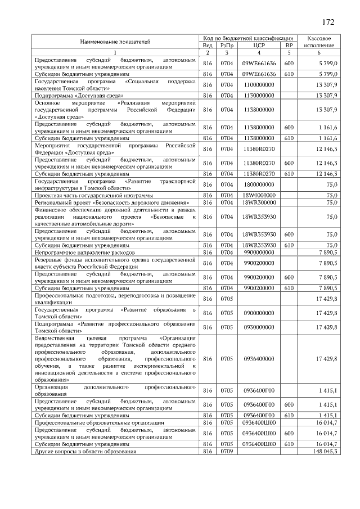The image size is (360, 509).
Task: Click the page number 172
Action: point(328,22)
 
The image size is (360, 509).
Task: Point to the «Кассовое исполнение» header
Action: point(319,41)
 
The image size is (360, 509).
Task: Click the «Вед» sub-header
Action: point(207,45)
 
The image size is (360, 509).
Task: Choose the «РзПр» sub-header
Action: point(227,45)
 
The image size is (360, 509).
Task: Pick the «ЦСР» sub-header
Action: point(259,45)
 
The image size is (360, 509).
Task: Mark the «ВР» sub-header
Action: point(289,45)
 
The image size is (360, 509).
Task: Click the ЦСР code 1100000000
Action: point(259,84)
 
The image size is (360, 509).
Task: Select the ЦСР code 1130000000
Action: point(259,96)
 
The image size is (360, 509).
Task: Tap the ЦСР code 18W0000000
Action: point(259,195)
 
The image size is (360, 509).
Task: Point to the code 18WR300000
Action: point(259,202)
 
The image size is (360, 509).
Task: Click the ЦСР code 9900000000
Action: point(259,253)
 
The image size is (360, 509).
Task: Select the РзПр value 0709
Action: point(227,451)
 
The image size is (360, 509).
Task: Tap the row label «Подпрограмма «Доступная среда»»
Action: point(71,96)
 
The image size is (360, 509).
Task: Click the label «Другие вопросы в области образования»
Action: point(85,451)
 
